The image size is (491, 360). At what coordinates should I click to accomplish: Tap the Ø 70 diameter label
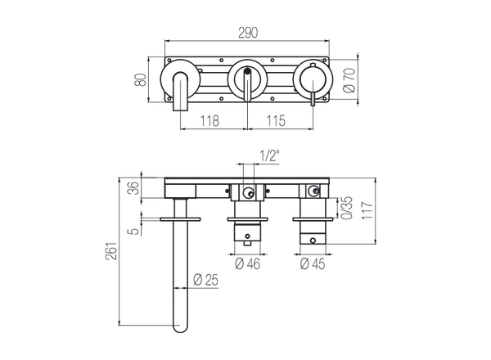click(x=349, y=82)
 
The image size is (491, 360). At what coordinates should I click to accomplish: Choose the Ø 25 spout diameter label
click(x=205, y=281)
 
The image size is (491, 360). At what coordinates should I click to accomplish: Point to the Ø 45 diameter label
click(x=313, y=263)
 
